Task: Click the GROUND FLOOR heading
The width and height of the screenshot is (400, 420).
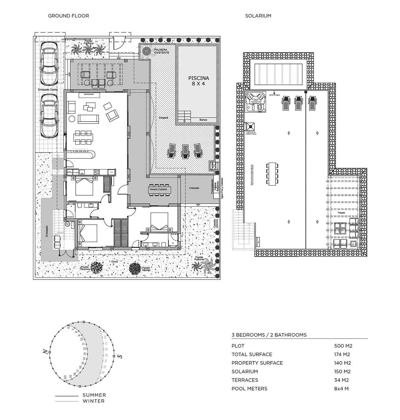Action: (x=68, y=16)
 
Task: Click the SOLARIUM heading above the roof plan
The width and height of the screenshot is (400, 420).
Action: (x=258, y=16)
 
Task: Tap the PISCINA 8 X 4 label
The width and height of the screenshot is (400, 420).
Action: (x=198, y=81)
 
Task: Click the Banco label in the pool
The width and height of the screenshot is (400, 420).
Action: (x=203, y=120)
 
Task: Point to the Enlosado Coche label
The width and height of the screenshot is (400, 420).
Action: (x=48, y=90)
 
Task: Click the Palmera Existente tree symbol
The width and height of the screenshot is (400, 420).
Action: (x=147, y=51)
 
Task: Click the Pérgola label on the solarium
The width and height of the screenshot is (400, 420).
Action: (x=341, y=213)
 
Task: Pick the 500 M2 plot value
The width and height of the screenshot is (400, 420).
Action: (x=343, y=346)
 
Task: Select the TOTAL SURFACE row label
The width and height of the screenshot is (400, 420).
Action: (x=252, y=354)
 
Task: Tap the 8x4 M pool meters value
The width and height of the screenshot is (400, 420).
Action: (x=341, y=389)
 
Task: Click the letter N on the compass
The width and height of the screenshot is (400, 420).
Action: (x=45, y=352)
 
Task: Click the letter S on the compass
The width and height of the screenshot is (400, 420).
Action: (x=120, y=356)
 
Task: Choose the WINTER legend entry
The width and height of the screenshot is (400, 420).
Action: (x=93, y=401)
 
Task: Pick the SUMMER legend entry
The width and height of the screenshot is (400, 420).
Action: (x=94, y=395)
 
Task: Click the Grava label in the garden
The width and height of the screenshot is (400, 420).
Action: (x=114, y=262)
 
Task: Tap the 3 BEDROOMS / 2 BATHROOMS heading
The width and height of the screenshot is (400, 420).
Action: (x=269, y=335)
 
